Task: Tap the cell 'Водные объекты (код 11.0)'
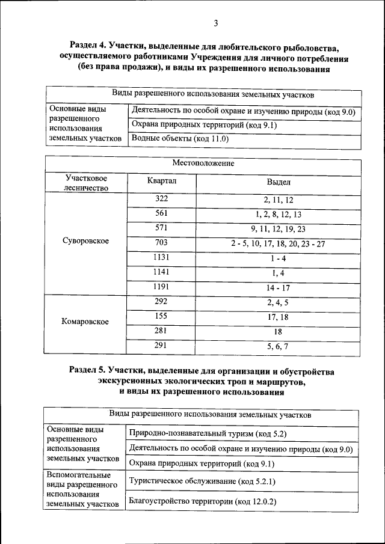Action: point(180,139)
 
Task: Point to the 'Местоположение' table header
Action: point(203,163)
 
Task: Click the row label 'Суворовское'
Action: point(85,240)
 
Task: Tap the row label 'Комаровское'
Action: point(85,321)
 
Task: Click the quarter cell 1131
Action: point(161,257)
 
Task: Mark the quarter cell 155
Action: point(161,316)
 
